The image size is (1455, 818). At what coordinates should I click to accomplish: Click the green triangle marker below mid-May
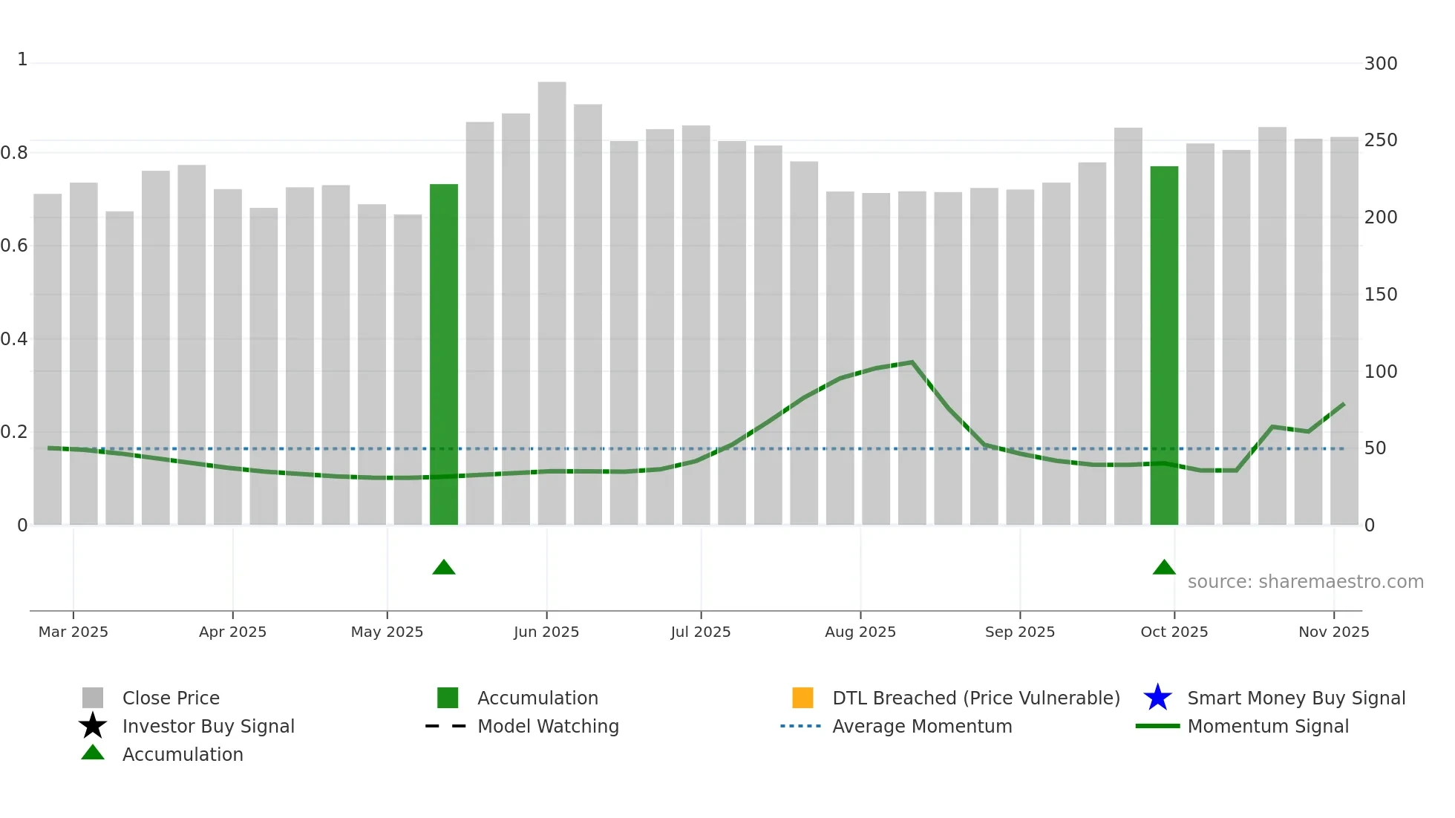pyautogui.click(x=444, y=568)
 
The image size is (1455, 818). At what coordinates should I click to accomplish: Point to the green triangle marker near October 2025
pyautogui.click(x=1164, y=568)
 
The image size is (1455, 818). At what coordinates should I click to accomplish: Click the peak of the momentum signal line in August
pyautogui.click(x=912, y=362)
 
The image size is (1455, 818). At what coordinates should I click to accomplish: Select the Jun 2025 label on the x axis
pyautogui.click(x=546, y=632)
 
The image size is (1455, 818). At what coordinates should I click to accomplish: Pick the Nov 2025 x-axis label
pyautogui.click(x=1333, y=632)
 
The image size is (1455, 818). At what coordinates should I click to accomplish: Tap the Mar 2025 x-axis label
pyautogui.click(x=73, y=632)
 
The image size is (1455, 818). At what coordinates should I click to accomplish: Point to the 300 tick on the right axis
pyautogui.click(x=1381, y=64)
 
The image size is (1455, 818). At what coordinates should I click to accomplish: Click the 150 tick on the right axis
pyautogui.click(x=1381, y=295)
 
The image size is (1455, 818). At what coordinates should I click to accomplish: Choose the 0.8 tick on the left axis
pyautogui.click(x=14, y=153)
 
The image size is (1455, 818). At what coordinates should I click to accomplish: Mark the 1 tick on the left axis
pyautogui.click(x=22, y=59)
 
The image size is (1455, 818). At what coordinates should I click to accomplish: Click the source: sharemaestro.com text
pyautogui.click(x=1305, y=582)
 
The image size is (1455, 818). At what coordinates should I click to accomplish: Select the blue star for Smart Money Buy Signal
pyautogui.click(x=1157, y=698)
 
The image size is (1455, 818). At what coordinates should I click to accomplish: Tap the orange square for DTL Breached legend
pyautogui.click(x=802, y=698)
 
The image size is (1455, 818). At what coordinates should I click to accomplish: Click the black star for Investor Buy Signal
pyautogui.click(x=93, y=726)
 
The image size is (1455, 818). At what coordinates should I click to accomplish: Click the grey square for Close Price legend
pyautogui.click(x=93, y=698)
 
